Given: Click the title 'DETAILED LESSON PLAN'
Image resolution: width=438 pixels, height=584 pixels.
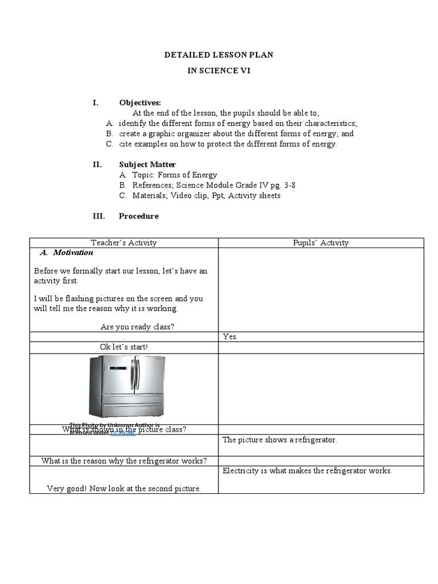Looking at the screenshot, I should click(x=218, y=55).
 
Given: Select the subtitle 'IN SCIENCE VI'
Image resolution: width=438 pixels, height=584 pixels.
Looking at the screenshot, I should click(x=218, y=71).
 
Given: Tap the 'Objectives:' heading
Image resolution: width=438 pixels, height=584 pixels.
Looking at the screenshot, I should click(x=140, y=103).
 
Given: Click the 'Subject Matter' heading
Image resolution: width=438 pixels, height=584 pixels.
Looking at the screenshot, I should click(x=147, y=165).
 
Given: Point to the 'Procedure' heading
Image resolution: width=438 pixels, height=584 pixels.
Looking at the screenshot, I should click(x=139, y=216).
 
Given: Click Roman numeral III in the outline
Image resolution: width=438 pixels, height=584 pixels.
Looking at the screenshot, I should click(x=98, y=216).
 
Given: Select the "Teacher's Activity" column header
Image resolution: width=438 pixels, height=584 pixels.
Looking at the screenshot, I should click(x=124, y=243).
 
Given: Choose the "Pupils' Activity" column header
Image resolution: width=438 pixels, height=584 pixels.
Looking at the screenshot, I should click(x=321, y=243).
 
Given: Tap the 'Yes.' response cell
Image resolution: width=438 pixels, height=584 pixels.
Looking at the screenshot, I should click(x=230, y=336).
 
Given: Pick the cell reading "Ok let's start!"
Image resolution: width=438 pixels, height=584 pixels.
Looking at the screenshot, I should click(x=124, y=347).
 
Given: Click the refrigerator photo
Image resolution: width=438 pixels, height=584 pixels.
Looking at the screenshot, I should click(x=127, y=387).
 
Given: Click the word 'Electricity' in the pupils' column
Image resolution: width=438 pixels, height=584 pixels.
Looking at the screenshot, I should click(x=240, y=471).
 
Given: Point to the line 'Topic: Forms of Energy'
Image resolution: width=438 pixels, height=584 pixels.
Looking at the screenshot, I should click(x=175, y=175).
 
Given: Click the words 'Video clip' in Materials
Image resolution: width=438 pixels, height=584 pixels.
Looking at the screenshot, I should click(x=200, y=196).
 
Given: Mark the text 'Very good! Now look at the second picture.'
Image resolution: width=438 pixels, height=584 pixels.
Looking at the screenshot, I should click(x=124, y=489).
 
